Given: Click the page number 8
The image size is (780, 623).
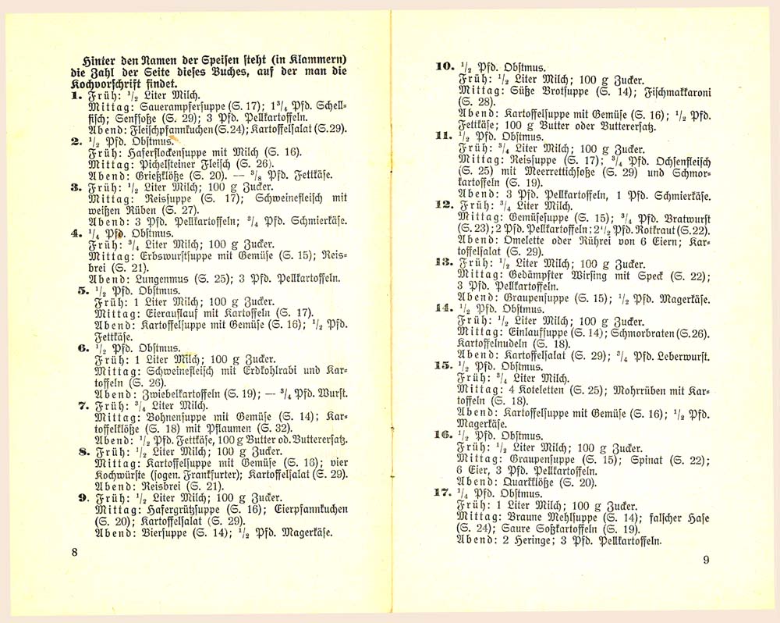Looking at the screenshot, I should point(74,552).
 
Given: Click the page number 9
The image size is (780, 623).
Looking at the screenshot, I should point(705,559).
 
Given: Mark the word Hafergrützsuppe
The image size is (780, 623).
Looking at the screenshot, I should point(181,510).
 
